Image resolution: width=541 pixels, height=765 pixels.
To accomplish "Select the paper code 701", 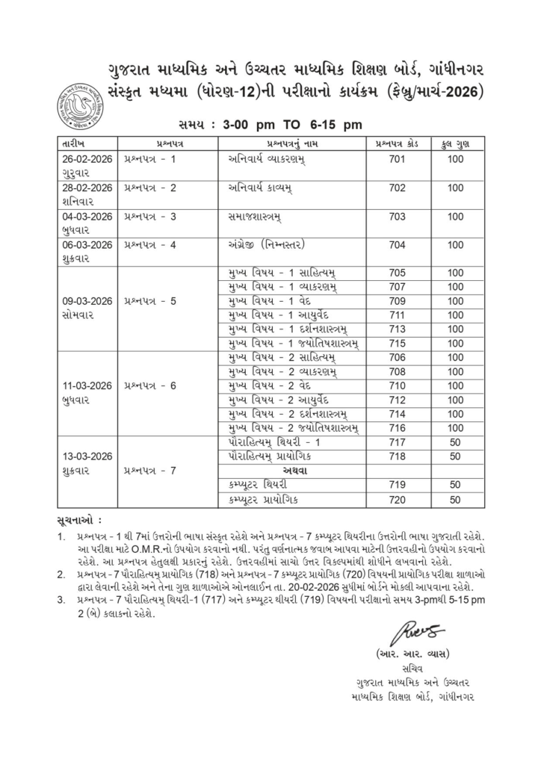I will click(397, 159).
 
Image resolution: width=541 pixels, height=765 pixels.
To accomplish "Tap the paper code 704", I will click(397, 244).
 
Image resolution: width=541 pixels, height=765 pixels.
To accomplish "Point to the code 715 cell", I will click(397, 342).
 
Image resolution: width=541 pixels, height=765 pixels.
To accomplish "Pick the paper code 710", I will click(397, 386).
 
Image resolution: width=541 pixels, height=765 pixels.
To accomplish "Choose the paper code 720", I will click(397, 498).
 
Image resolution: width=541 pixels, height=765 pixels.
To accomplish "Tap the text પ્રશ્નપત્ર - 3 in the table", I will click(150, 216).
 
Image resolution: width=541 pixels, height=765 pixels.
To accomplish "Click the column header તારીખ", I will click(75, 143).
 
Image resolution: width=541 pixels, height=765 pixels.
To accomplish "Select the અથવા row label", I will click(296, 470).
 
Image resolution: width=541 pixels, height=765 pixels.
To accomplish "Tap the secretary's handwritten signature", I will click(412, 634).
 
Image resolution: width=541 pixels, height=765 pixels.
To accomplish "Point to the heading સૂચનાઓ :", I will click(79, 518).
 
